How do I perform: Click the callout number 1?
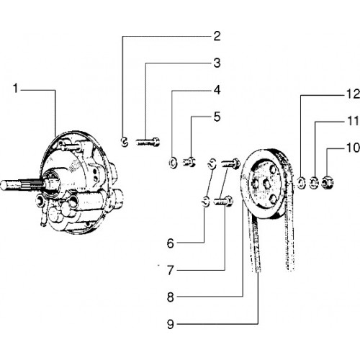click(16, 89)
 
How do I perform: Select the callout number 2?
click(217, 36)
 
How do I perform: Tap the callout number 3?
click(217, 63)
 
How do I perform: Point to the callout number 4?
click(217, 90)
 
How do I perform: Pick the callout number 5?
click(217, 117)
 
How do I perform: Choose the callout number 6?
click(171, 243)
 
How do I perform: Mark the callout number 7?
click(171, 270)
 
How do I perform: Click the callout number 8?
click(171, 297)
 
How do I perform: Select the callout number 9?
click(171, 324)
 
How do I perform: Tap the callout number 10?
click(354, 148)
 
